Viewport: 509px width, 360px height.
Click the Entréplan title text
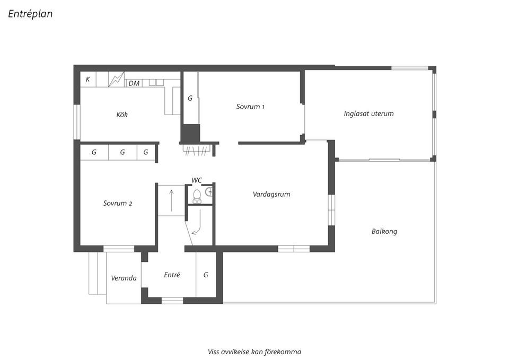(30, 14)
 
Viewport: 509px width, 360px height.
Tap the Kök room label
(122, 115)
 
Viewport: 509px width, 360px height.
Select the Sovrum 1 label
(250, 107)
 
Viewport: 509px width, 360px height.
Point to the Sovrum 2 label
(118, 203)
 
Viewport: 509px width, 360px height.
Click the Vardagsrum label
(271, 194)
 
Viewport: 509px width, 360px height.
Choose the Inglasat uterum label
(368, 113)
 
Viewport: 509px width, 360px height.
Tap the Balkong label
(384, 231)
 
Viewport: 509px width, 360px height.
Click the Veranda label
(124, 278)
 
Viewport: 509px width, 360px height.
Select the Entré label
(172, 275)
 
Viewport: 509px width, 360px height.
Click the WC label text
(197, 180)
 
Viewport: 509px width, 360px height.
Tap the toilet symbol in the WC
(197, 196)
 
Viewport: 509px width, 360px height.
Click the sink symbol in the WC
(209, 191)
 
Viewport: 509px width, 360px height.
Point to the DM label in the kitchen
(134, 83)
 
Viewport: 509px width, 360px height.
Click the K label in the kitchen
(87, 80)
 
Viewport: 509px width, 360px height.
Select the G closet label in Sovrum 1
(190, 98)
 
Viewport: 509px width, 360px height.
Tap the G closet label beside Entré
(206, 275)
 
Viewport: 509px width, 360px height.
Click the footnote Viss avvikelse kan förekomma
(254, 351)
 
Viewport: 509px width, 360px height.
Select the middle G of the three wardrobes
(122, 152)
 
